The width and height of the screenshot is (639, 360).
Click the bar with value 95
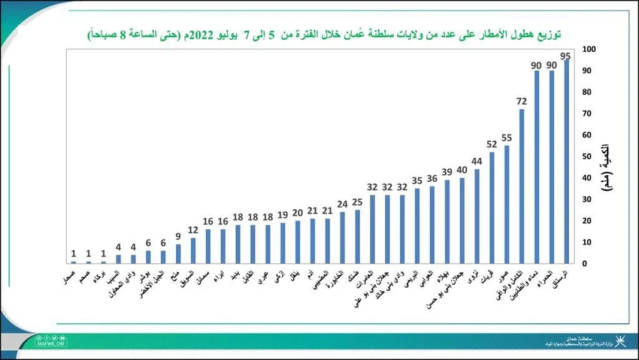point(566,162)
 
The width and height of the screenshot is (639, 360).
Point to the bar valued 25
point(358,237)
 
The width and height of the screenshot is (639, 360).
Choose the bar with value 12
point(193,250)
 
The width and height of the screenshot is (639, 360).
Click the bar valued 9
point(178,254)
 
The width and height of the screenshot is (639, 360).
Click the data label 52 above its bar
point(492,144)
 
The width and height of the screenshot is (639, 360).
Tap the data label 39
point(447,172)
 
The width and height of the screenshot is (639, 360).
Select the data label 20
point(298,213)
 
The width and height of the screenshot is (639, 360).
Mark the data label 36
point(432,179)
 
